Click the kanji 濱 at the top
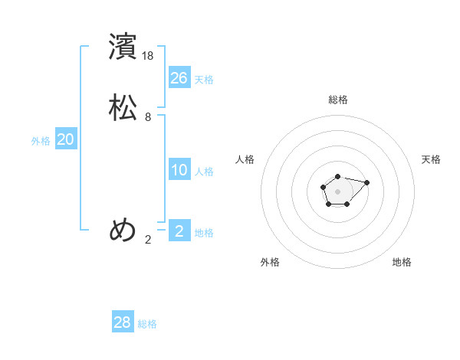[x=123, y=47]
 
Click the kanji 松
[x=123, y=107]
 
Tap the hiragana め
[x=123, y=230]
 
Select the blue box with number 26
[x=179, y=77]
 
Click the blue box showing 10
[x=179, y=170]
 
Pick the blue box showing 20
[x=66, y=139]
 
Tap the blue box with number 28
[x=123, y=322]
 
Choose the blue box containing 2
[x=179, y=231]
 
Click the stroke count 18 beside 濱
[x=149, y=56]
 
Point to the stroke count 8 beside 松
[x=148, y=117]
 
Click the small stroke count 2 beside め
[x=148, y=240]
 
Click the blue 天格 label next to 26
[x=204, y=80]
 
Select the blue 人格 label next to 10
[x=204, y=172]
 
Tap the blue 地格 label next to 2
[x=204, y=233]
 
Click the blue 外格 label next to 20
[x=41, y=141]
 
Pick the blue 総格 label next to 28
[x=147, y=324]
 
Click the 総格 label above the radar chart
[x=338, y=100]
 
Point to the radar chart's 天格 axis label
[x=432, y=159]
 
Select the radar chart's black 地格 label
[x=402, y=262]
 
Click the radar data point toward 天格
[x=367, y=182]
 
